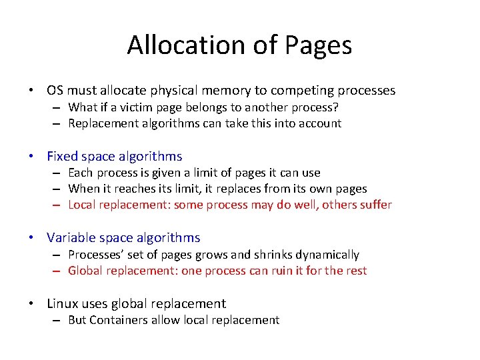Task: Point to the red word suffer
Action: click(x=375, y=205)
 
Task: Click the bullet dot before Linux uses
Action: click(x=31, y=304)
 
